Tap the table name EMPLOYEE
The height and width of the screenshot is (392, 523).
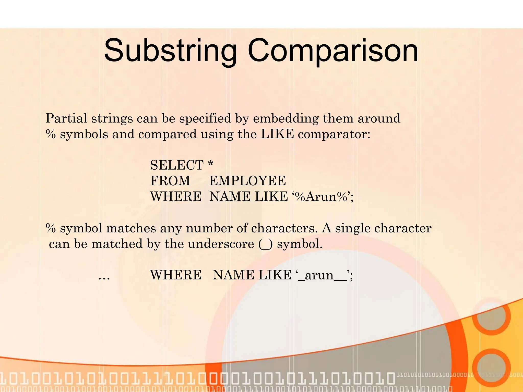click(x=247, y=181)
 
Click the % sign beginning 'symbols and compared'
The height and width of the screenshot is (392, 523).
click(x=51, y=134)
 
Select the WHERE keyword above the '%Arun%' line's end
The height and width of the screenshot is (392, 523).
click(x=176, y=197)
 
